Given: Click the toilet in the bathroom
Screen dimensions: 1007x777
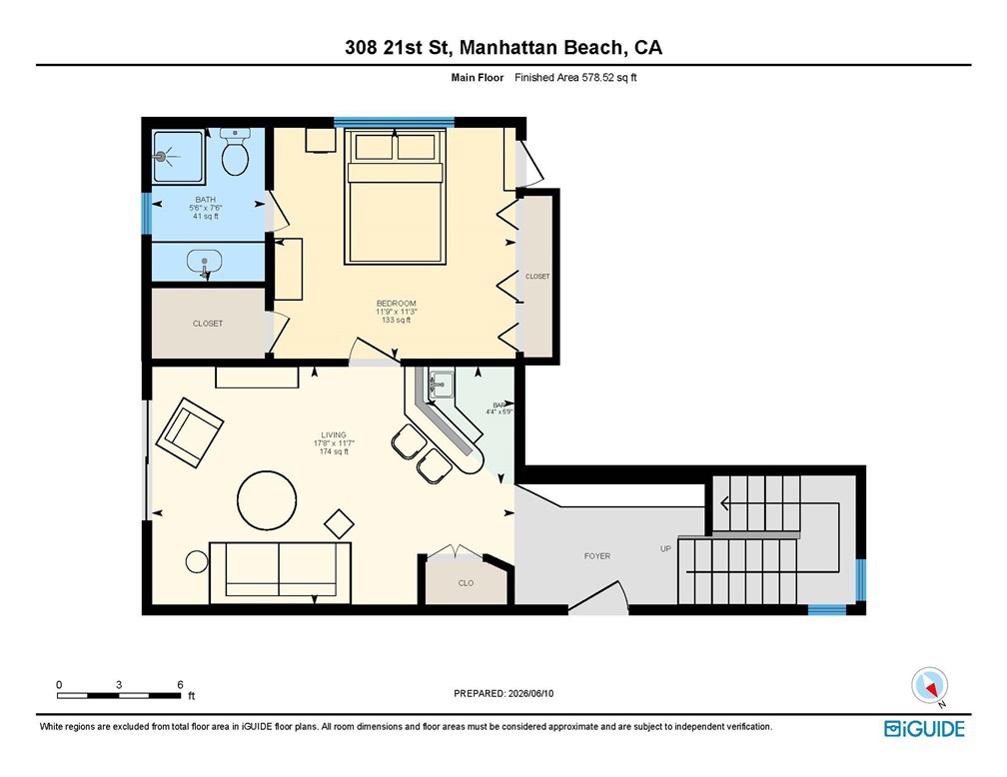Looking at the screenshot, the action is point(235,152).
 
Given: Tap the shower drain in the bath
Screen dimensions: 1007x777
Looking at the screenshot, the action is point(161,156).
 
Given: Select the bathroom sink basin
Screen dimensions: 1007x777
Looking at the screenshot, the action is point(204,262).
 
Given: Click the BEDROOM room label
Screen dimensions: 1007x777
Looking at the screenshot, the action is point(397,303).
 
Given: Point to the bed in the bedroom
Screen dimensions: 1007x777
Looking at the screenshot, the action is point(395,196).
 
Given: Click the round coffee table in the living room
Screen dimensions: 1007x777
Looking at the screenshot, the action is point(267,500).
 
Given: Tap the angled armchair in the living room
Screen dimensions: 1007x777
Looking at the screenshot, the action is point(190,432).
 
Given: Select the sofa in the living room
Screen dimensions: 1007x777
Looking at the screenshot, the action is point(280,573).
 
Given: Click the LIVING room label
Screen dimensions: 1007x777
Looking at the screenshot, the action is point(334,434).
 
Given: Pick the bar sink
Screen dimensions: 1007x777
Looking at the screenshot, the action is point(442,384).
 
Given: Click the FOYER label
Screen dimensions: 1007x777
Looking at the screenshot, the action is point(597,556).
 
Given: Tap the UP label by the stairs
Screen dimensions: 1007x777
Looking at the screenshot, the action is point(666,548).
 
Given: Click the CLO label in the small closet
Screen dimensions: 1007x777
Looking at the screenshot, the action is point(466,583).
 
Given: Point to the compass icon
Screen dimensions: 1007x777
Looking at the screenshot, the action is point(930,686).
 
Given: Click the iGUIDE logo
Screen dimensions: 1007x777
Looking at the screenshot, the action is point(924,729).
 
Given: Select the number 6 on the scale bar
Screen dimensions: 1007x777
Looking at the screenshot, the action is point(181,684).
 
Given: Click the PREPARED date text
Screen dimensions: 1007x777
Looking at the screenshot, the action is point(503,693).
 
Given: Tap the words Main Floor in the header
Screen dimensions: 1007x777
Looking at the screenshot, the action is point(478,78).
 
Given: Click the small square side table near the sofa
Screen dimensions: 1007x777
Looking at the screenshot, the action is point(339,524).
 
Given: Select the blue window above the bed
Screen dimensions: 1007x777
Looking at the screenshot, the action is point(395,122).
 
